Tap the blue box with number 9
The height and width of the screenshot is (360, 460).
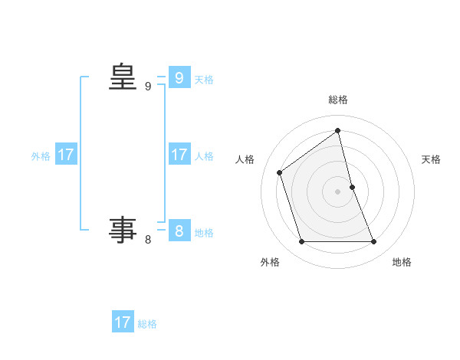click(x=179, y=78)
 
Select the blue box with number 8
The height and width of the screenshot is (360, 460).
click(x=179, y=231)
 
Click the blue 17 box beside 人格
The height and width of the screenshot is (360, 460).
click(x=179, y=155)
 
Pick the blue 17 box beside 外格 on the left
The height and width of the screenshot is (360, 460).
click(x=66, y=155)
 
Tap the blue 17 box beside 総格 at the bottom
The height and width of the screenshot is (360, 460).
click(x=123, y=322)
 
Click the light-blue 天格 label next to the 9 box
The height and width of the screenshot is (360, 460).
click(x=204, y=80)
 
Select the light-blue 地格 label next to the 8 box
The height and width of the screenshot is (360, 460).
click(x=204, y=233)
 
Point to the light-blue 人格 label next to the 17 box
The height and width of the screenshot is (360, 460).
click(x=204, y=156)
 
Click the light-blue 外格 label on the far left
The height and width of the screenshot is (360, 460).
click(x=41, y=156)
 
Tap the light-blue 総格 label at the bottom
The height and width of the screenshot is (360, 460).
click(x=147, y=324)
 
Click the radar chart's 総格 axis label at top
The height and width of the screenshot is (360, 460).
click(x=338, y=100)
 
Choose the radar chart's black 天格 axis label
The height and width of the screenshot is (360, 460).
click(x=432, y=159)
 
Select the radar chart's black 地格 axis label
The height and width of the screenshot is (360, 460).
click(x=402, y=262)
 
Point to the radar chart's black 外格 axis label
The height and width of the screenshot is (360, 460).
click(x=270, y=262)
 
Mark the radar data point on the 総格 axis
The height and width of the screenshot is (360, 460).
click(x=338, y=130)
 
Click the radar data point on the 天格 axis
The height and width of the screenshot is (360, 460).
click(x=352, y=186)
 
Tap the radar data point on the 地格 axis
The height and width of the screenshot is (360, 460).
click(x=374, y=242)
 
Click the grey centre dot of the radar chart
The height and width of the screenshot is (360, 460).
click(x=338, y=191)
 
